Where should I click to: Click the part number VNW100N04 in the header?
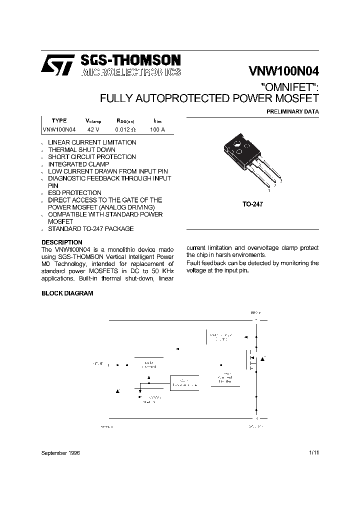tap(283, 71)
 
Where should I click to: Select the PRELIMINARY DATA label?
tap(292, 111)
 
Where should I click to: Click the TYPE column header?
tap(59, 120)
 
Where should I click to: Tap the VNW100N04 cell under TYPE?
tap(59, 129)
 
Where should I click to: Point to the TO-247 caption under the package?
tap(253, 204)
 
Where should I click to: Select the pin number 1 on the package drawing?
tap(269, 190)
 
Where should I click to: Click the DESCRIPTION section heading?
tap(61, 242)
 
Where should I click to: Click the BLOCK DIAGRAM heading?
tap(67, 293)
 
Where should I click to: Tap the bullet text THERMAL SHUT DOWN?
tap(81, 149)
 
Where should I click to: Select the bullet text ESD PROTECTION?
tap(74, 192)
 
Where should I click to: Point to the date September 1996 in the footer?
tap(60, 452)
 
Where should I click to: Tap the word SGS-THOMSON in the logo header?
tap(130, 60)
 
